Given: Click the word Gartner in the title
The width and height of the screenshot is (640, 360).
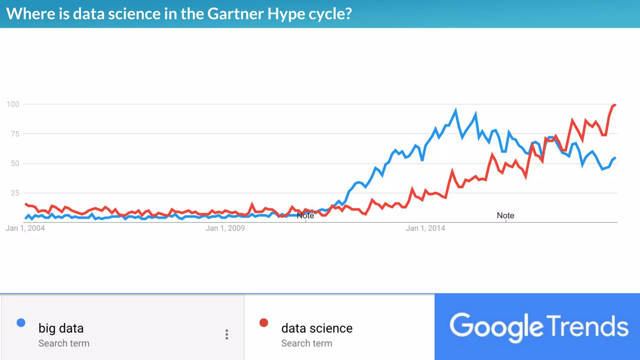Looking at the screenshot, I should tap(235, 14).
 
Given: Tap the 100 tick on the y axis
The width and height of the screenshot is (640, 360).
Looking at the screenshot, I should tap(13, 104).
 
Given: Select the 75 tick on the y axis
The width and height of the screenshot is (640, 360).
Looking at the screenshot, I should tap(15, 134).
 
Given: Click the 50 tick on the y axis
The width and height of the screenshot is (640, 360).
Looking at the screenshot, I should tap(15, 163).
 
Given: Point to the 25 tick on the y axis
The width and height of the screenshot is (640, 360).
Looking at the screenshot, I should tap(15, 193).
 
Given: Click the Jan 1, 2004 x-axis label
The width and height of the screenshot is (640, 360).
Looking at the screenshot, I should tap(25, 228).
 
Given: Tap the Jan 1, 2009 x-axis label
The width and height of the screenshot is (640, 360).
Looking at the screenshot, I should tap(225, 228).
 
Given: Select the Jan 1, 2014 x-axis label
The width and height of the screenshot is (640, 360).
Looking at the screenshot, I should tap(425, 228).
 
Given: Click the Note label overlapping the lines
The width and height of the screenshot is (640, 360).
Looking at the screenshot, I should tap(305, 216).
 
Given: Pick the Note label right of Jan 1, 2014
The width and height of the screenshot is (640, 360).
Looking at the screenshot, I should tap(505, 215).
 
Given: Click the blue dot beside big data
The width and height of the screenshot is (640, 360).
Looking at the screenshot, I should tap(21, 322).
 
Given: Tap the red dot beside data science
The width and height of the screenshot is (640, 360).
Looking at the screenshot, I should tap(264, 322).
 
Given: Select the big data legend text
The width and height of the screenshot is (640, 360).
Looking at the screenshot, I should tap(61, 328).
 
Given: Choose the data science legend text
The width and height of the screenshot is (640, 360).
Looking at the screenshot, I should tap(317, 328).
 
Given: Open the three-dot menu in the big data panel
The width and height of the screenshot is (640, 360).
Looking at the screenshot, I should tap(227, 334).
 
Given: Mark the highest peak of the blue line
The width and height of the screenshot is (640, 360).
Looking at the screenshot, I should tap(456, 110).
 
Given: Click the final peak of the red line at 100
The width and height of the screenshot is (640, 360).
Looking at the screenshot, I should tap(614, 105).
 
